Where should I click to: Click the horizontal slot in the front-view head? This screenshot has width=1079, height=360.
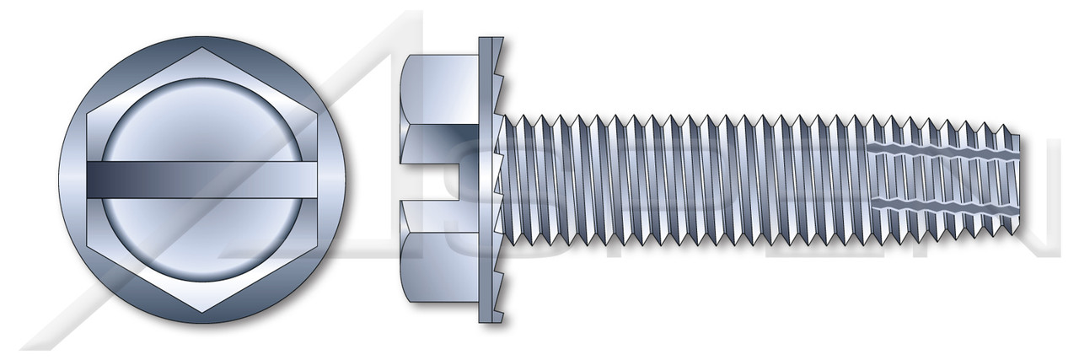point(202,180)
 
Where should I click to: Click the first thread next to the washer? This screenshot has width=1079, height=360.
point(512,180)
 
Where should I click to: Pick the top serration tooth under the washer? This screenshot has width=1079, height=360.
point(506,59)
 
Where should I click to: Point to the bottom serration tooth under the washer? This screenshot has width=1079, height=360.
point(506,301)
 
